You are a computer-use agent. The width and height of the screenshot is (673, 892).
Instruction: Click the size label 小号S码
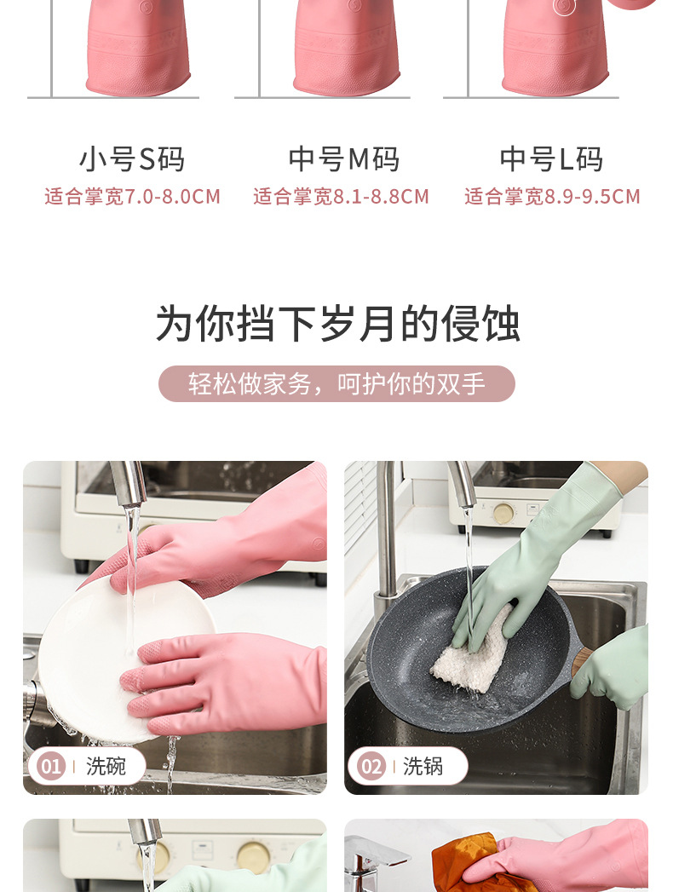pyautogui.click(x=132, y=159)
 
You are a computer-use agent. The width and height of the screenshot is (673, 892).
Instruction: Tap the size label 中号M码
pyautogui.click(x=343, y=159)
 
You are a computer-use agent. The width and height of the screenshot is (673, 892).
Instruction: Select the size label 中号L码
pyautogui.click(x=551, y=159)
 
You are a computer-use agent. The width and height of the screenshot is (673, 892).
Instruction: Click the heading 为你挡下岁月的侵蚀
pyautogui.click(x=337, y=325)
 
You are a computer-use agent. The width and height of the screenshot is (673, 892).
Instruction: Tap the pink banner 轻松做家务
pyautogui.click(x=337, y=384)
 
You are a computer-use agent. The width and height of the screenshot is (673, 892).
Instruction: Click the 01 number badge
pyautogui.click(x=51, y=766)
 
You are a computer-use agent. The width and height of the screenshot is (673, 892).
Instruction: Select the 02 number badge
pyautogui.click(x=371, y=766)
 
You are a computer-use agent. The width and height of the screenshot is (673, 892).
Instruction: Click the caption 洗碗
pyautogui.click(x=106, y=766)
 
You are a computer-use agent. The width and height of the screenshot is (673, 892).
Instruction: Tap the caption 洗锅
pyautogui.click(x=423, y=766)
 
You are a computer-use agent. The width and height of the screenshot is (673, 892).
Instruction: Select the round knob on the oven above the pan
pyautogui.click(x=503, y=513)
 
